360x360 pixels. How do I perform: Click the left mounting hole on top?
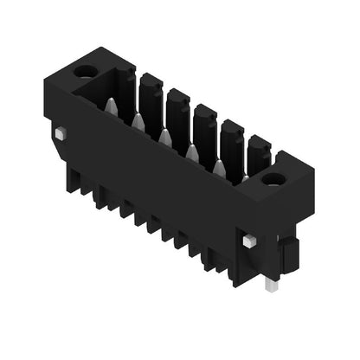click(x=85, y=72)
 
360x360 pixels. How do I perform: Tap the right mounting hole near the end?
click(x=273, y=179)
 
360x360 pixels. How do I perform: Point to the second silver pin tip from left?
click(x=138, y=122)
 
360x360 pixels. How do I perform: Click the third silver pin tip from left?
click(x=165, y=137)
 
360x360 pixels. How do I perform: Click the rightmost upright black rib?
click(x=258, y=154)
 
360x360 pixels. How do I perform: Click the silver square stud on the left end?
click(x=60, y=134)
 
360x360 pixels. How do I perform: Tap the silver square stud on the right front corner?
click(x=249, y=241)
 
